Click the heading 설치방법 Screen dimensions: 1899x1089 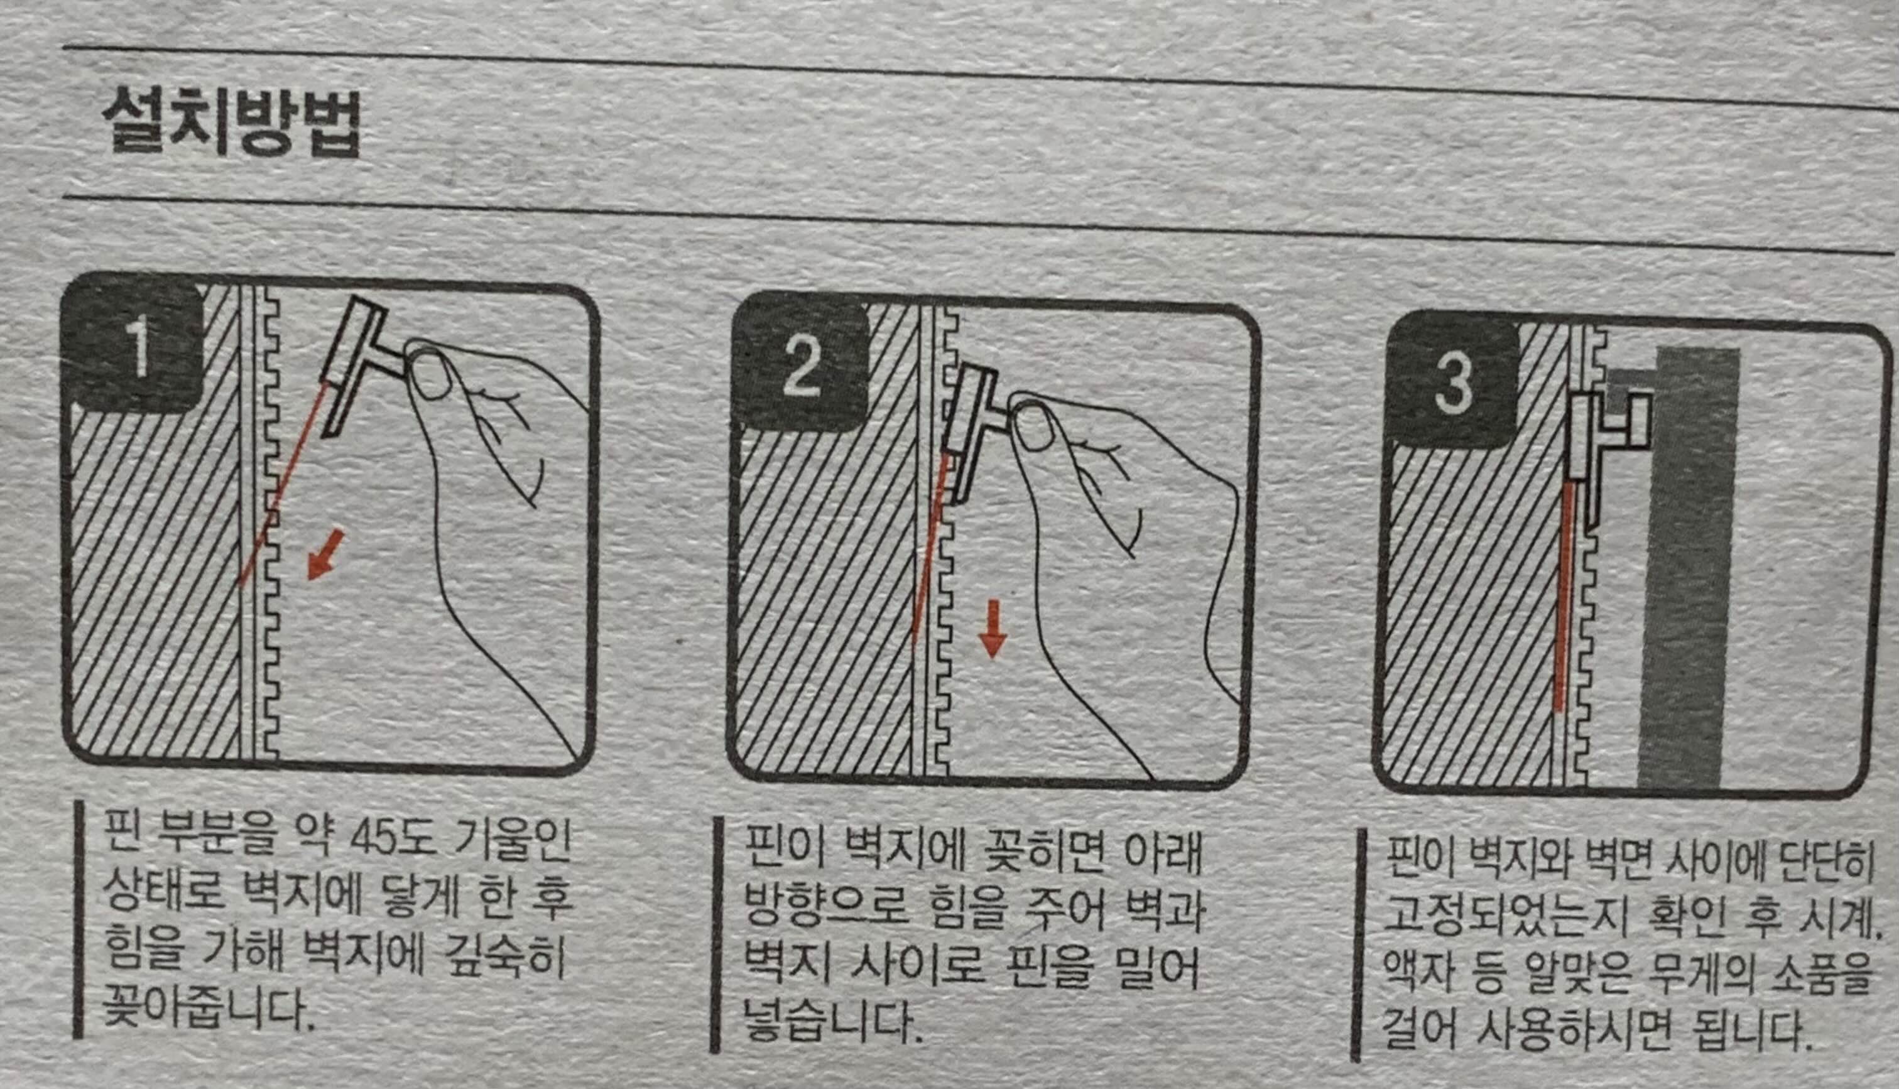231,124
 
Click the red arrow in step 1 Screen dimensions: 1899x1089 325,553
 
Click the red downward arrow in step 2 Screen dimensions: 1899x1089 993,628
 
